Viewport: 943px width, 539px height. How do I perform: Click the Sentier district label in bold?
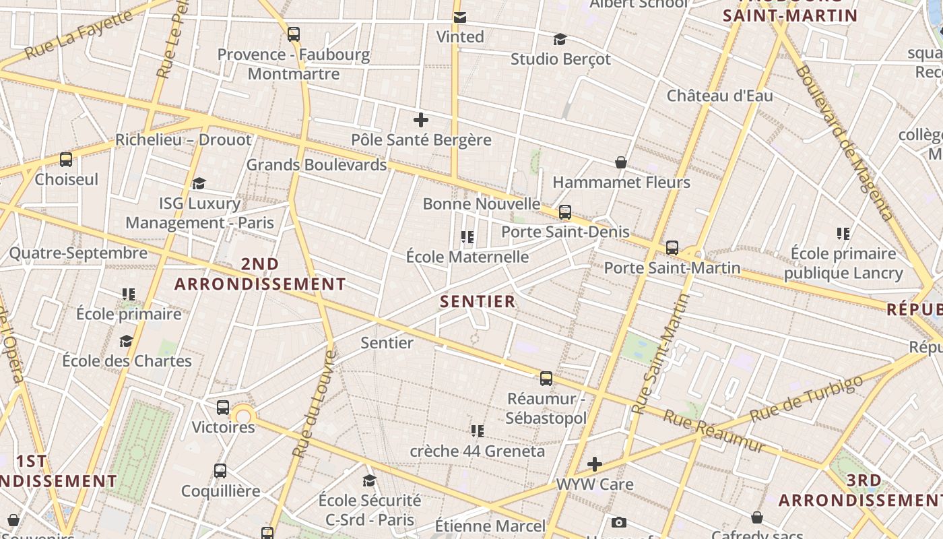coord(478,301)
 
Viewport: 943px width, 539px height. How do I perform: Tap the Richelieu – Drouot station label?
coord(183,140)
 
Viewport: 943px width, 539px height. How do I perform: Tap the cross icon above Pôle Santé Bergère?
coord(421,121)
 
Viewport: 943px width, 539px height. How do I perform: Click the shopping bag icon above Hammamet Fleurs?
coord(621,162)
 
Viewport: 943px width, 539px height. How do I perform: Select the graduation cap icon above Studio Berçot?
coord(560,39)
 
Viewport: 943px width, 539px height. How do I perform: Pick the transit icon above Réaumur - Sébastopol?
coord(546,379)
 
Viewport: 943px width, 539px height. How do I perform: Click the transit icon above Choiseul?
coord(66,160)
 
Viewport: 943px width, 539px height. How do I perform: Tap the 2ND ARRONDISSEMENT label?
coord(260,274)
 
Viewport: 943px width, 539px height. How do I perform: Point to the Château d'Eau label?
coord(719,96)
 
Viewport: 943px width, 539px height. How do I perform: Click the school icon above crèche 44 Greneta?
coord(478,431)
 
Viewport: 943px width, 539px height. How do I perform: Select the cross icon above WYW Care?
coord(595,464)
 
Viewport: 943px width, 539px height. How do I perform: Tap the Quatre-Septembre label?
coord(78,253)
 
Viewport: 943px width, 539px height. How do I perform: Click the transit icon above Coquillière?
coord(220,471)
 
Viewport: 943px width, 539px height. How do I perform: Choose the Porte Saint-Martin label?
coord(672,267)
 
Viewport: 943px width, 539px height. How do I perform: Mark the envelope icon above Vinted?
coord(460,17)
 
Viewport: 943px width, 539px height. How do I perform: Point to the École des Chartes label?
coord(127,360)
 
